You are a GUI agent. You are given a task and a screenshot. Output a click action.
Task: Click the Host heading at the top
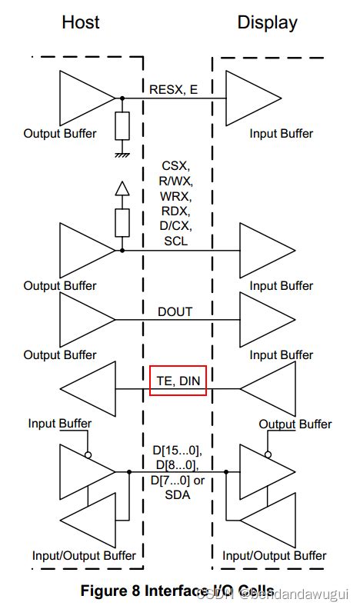[x=82, y=22]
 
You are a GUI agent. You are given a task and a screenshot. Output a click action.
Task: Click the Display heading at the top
[x=267, y=22]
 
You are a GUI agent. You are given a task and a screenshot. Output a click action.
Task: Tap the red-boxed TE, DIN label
[x=178, y=379]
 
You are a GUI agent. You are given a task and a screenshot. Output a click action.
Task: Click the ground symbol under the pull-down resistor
[x=122, y=154]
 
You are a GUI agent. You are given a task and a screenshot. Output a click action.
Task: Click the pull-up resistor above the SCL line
[x=122, y=223]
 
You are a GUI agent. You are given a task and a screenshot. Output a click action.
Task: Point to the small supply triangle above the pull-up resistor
[x=122, y=189]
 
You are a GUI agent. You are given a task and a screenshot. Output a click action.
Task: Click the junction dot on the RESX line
[x=122, y=98]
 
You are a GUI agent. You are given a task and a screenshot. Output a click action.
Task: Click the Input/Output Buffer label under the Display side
[x=275, y=555]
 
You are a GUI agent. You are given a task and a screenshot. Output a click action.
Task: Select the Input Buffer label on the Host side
[x=59, y=424]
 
